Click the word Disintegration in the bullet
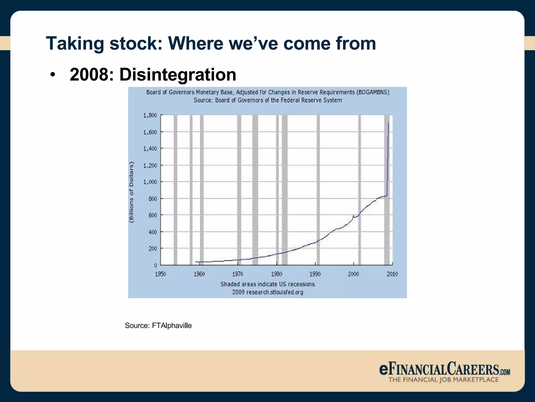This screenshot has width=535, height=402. (x=178, y=75)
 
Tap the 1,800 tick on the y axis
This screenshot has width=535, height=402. (x=150, y=115)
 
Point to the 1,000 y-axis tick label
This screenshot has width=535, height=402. (x=150, y=182)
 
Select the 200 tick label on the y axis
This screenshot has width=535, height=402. (x=153, y=248)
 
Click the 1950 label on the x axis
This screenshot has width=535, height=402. (x=160, y=274)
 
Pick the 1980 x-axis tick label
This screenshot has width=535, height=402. (x=276, y=274)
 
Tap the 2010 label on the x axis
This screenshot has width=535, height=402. (x=392, y=274)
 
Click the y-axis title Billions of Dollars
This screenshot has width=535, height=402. (x=131, y=192)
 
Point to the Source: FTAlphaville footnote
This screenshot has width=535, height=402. (x=158, y=326)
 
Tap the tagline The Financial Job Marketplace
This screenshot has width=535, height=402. (x=443, y=380)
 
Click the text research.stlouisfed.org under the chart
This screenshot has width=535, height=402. (x=275, y=292)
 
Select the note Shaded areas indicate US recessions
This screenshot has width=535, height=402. (x=268, y=284)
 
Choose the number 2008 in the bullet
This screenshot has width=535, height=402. (x=89, y=75)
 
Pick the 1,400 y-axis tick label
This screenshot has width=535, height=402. (x=150, y=149)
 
